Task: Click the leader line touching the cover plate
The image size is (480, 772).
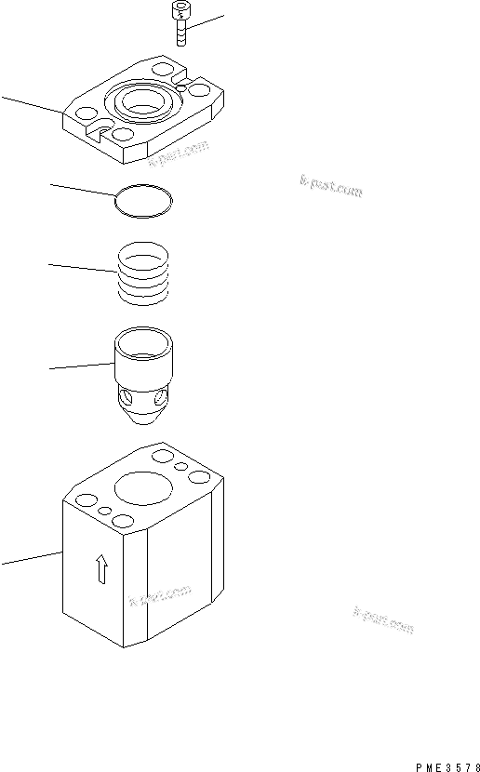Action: (x=33, y=104)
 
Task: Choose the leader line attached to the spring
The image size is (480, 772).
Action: (x=82, y=269)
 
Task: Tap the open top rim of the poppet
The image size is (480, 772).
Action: (x=143, y=335)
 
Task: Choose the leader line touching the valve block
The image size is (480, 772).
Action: (x=32, y=558)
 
